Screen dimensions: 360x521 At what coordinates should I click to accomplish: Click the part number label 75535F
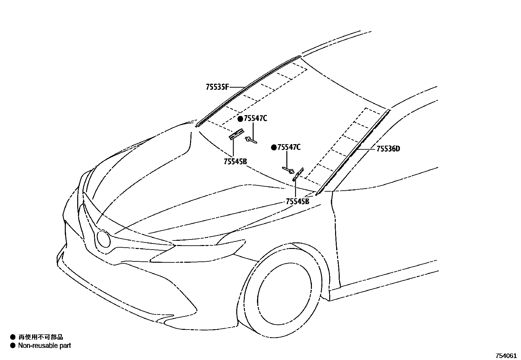point(217,87)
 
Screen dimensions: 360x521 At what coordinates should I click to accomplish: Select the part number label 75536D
point(388,149)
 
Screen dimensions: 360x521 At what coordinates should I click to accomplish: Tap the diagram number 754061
point(506,356)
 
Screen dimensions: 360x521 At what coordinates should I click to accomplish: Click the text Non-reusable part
point(45,345)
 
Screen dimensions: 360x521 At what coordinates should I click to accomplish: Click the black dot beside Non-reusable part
point(13,345)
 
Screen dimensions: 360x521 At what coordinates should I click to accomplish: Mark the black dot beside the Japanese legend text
point(13,337)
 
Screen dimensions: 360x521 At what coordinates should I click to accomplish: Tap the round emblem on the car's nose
point(104,239)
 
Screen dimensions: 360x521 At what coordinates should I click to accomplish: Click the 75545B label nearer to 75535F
point(235,161)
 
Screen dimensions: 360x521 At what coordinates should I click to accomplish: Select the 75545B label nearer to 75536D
point(297,201)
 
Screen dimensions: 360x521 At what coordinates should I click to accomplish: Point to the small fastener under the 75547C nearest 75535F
point(251,140)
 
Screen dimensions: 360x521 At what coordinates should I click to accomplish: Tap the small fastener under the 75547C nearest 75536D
point(288,170)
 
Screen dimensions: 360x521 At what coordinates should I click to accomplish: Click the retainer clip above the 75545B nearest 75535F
point(236,134)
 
